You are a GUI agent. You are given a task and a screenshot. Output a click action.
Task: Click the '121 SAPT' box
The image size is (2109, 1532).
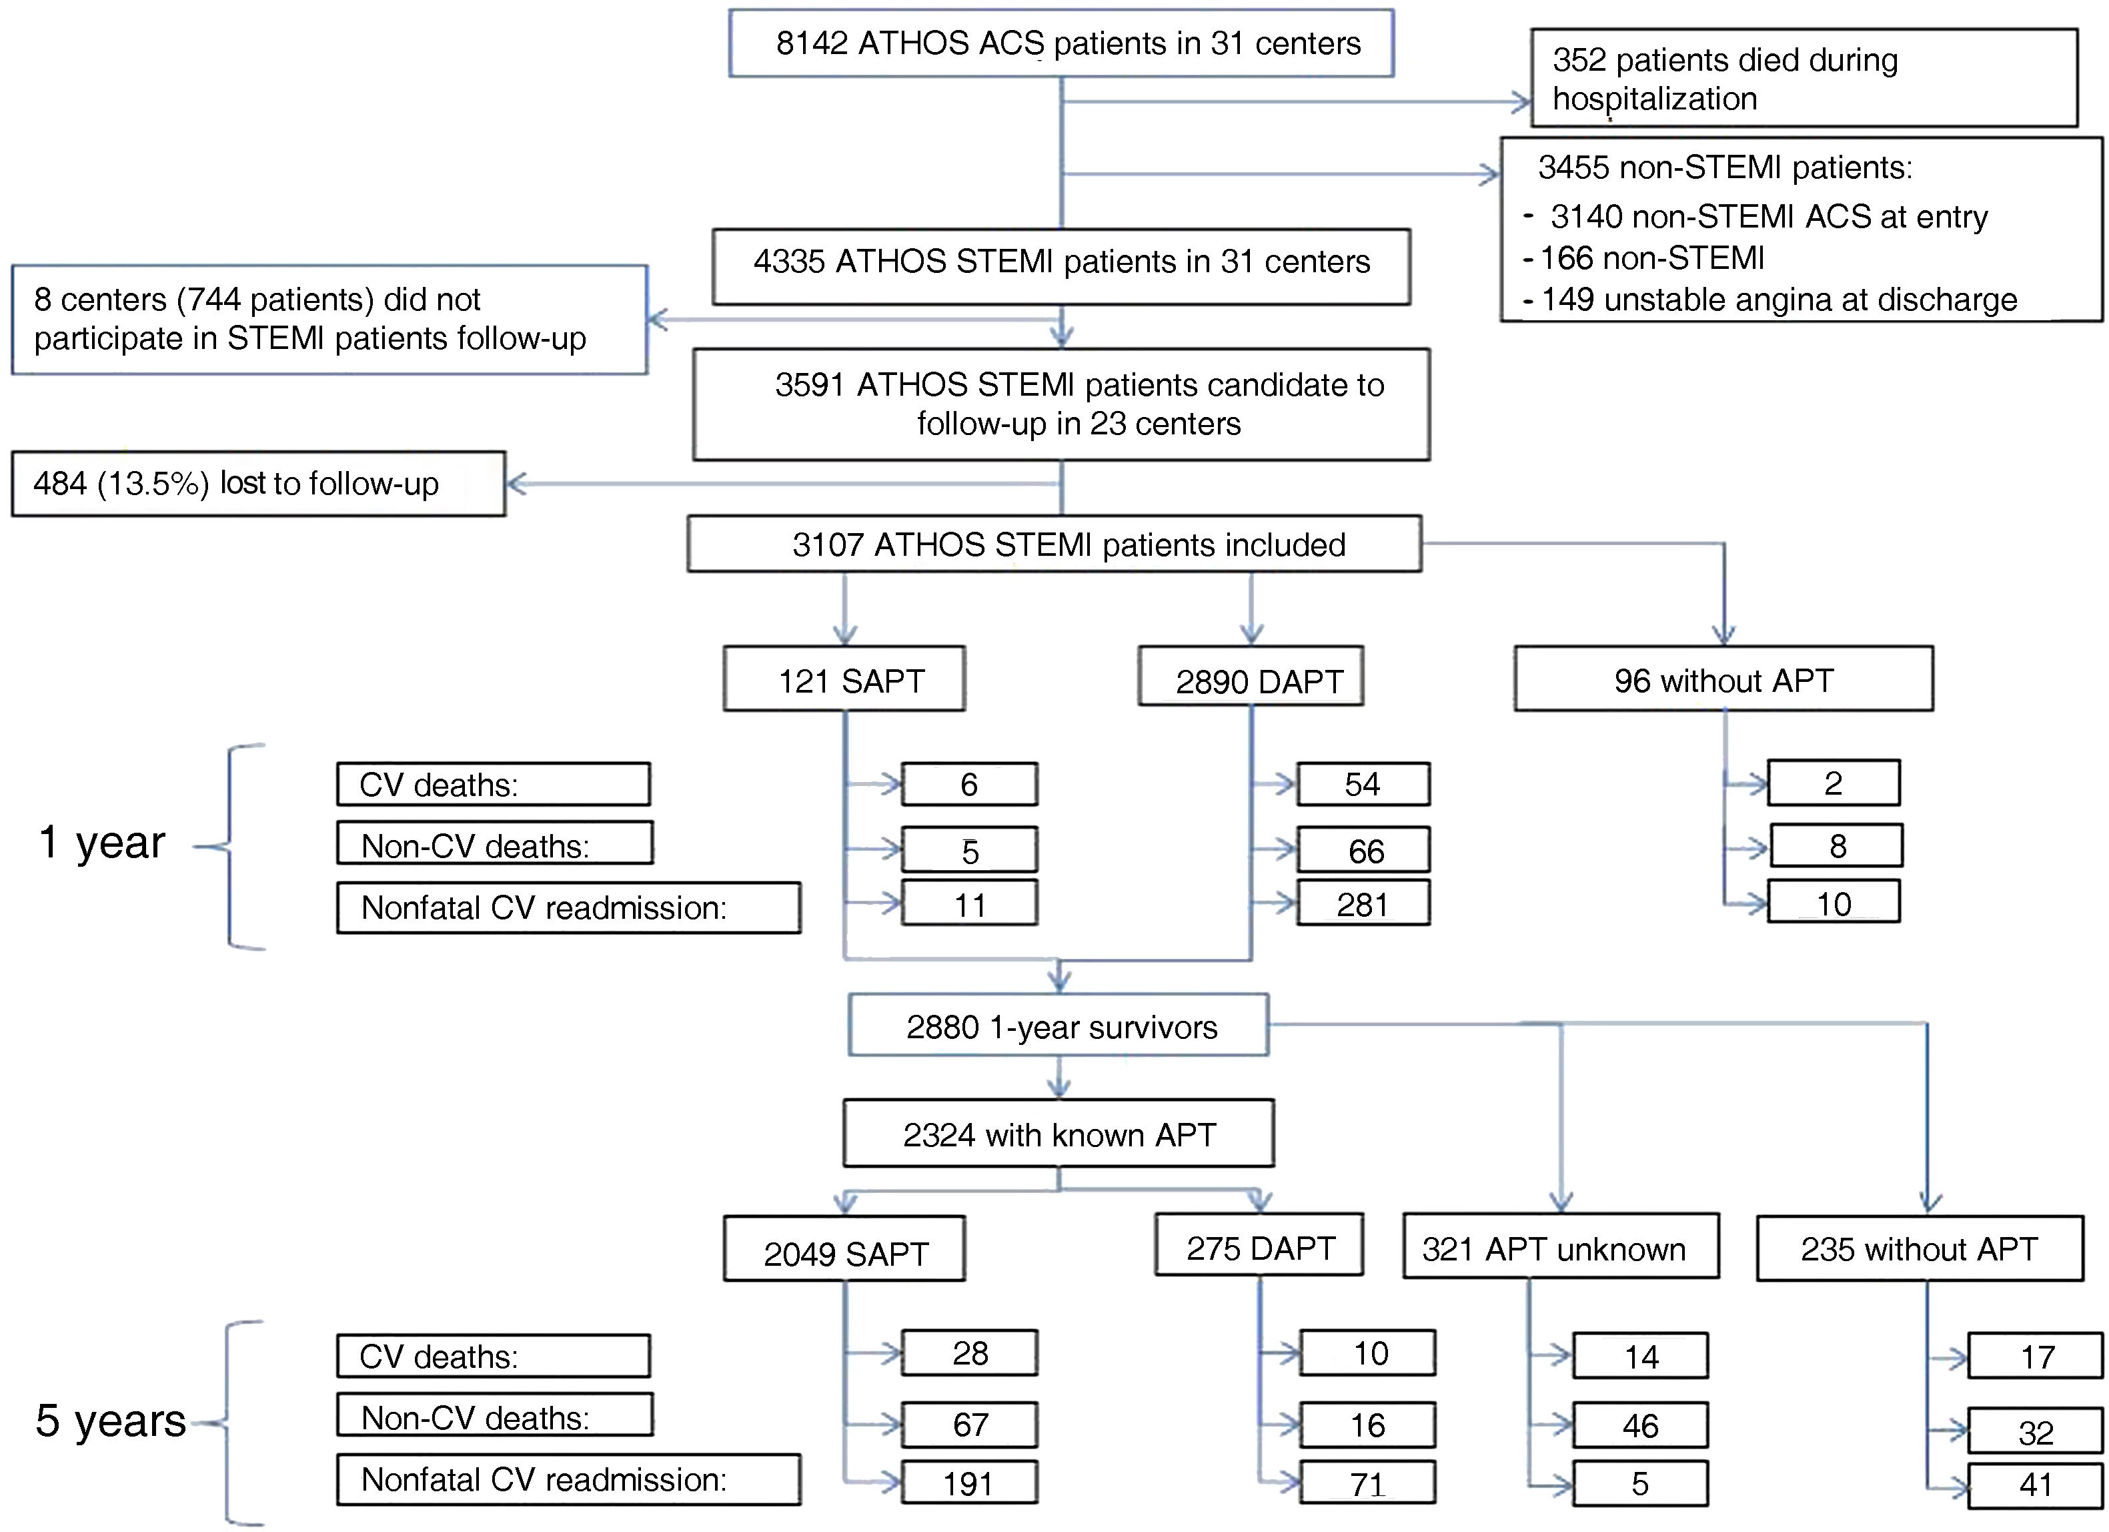(844, 680)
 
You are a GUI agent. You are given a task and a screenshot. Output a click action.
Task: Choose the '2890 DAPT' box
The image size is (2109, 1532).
(1251, 679)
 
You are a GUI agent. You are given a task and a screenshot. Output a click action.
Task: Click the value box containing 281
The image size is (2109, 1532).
(1363, 904)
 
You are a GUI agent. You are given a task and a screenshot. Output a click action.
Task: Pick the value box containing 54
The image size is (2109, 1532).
(1363, 784)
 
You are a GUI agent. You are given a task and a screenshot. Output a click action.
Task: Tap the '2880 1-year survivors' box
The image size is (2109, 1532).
(1059, 1026)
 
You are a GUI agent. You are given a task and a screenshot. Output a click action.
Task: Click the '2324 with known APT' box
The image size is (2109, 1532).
(1059, 1134)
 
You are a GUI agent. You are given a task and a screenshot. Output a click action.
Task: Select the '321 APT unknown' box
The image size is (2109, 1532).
(1559, 1247)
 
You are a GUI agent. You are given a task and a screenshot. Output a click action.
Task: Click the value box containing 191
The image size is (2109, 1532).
(969, 1483)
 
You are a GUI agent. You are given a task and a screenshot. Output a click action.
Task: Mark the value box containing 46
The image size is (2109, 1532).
(1639, 1425)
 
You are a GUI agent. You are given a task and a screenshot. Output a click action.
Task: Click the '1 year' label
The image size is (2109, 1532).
(102, 843)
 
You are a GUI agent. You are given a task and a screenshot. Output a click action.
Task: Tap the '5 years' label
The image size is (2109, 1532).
(111, 1421)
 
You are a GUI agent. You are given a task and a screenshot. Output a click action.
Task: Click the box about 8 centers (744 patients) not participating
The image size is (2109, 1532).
(329, 319)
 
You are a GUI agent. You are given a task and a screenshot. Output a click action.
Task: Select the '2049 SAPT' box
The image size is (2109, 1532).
(844, 1251)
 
